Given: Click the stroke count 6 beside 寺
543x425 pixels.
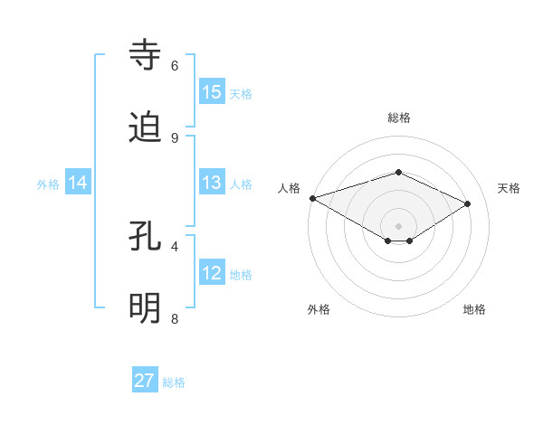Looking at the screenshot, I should point(175,66).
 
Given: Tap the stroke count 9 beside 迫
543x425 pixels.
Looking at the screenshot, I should point(175,137).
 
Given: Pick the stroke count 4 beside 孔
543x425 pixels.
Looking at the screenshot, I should point(175,246).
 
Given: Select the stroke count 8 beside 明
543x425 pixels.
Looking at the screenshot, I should point(175,318).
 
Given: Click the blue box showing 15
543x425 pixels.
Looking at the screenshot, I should point(212,92).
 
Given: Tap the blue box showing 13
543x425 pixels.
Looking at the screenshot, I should point(212,183).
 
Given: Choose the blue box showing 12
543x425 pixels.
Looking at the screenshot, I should point(212,273).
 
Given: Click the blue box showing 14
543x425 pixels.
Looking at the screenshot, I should point(78,183).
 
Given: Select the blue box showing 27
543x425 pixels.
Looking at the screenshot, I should point(145,381).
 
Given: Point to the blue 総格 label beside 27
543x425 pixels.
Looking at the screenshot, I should point(175,382).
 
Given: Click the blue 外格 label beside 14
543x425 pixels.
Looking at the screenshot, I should point(48,184).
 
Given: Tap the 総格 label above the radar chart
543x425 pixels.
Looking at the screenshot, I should point(398,118).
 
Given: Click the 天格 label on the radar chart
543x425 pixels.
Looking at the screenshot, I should point(509,188).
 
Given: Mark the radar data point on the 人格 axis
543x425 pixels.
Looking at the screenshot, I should point(312,198).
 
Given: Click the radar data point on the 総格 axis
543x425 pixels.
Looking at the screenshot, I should point(398,172).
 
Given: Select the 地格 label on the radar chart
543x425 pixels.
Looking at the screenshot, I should point(474,309).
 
